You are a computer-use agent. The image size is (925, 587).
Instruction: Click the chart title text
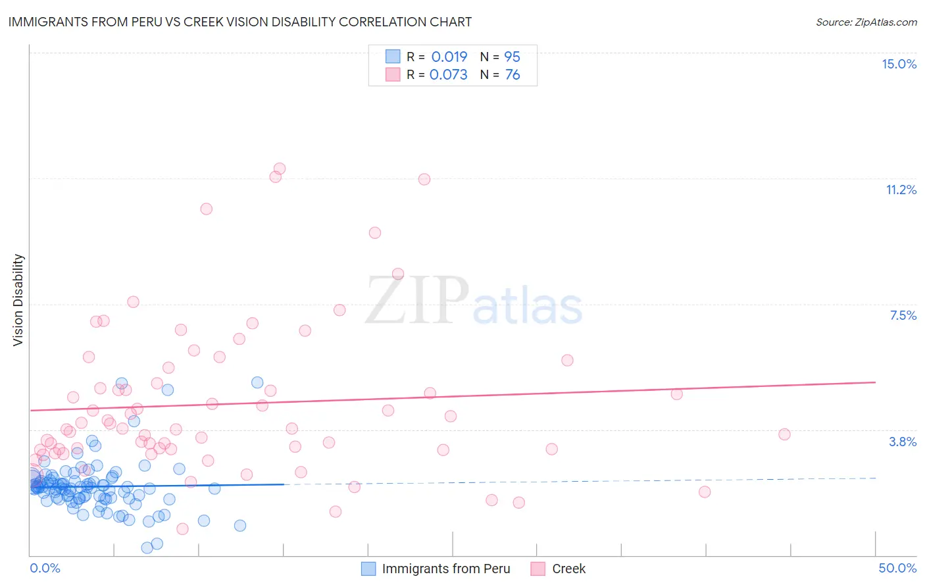[240, 22]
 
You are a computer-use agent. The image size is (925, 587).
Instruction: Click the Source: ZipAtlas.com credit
[866, 22]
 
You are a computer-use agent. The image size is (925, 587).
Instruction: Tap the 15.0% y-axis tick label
[899, 64]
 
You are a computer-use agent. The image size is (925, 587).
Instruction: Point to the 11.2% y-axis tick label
[901, 190]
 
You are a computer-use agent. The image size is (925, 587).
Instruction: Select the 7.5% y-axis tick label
[903, 315]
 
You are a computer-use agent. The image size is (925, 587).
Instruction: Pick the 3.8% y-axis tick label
[903, 442]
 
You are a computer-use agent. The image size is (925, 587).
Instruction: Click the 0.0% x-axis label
[45, 568]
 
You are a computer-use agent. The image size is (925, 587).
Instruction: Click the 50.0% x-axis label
[897, 568]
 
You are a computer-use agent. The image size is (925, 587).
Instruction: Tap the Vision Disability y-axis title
[18, 300]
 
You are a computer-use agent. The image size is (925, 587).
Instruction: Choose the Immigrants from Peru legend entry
[445, 569]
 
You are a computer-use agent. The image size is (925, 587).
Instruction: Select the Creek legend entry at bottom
[568, 569]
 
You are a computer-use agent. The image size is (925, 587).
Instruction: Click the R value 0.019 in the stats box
[449, 57]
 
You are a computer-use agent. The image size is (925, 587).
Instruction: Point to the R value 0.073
[449, 74]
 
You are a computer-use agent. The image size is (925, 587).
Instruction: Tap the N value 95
[512, 57]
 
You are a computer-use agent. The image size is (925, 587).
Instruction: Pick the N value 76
[512, 74]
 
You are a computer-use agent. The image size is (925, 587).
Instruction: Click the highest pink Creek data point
[279, 168]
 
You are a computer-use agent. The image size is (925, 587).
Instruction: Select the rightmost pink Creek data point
[784, 434]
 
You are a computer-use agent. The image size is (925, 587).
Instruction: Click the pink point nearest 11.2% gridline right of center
[424, 179]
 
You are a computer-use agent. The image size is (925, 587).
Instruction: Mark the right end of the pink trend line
[875, 382]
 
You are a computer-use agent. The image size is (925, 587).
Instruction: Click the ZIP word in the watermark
[417, 301]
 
